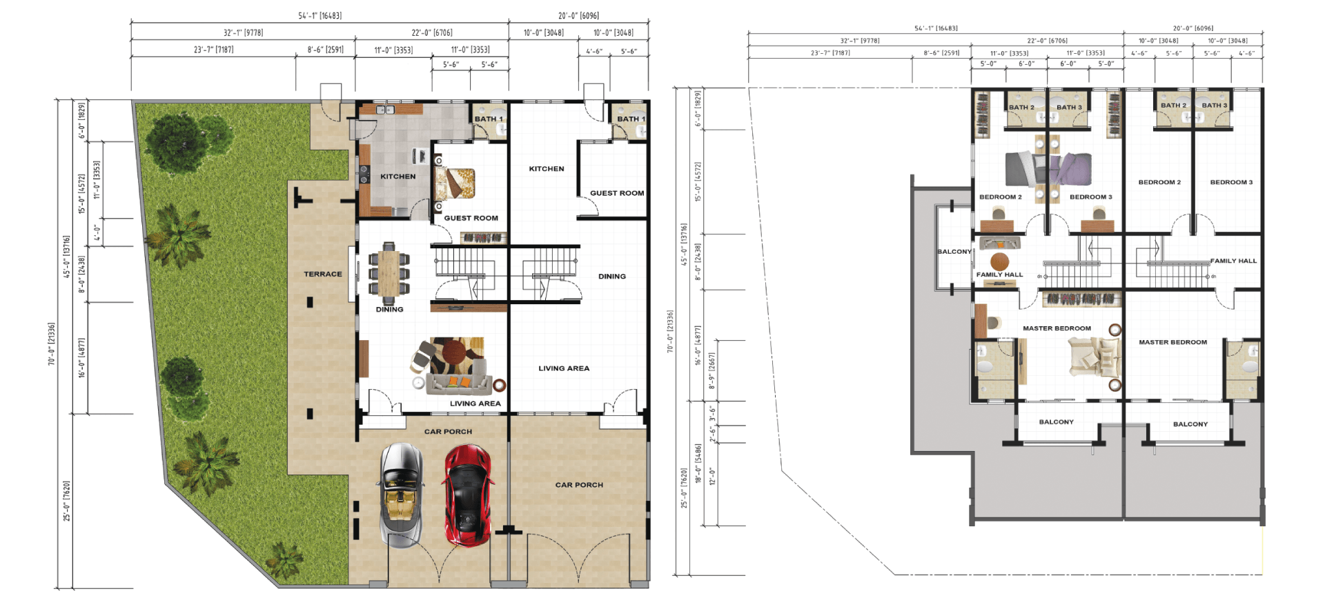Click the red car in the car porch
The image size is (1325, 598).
point(469,495)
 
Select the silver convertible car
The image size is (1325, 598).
point(402,495)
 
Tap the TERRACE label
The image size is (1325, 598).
point(323,274)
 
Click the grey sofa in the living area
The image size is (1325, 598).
point(458,381)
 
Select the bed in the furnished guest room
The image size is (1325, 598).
point(455,183)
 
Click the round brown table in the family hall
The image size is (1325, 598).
point(999,261)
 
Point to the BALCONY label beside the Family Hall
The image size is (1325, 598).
point(954,252)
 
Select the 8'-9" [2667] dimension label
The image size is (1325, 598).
point(712,371)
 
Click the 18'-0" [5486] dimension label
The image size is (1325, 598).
point(698,463)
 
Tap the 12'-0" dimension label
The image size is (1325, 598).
point(712,477)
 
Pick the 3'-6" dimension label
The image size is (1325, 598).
point(712,413)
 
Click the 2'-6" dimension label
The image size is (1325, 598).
point(712,435)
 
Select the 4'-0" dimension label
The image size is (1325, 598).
point(97,232)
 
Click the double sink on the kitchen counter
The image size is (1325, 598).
point(385,110)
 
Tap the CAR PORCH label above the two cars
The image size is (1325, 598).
point(448,432)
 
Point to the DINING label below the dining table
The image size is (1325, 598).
point(389,310)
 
